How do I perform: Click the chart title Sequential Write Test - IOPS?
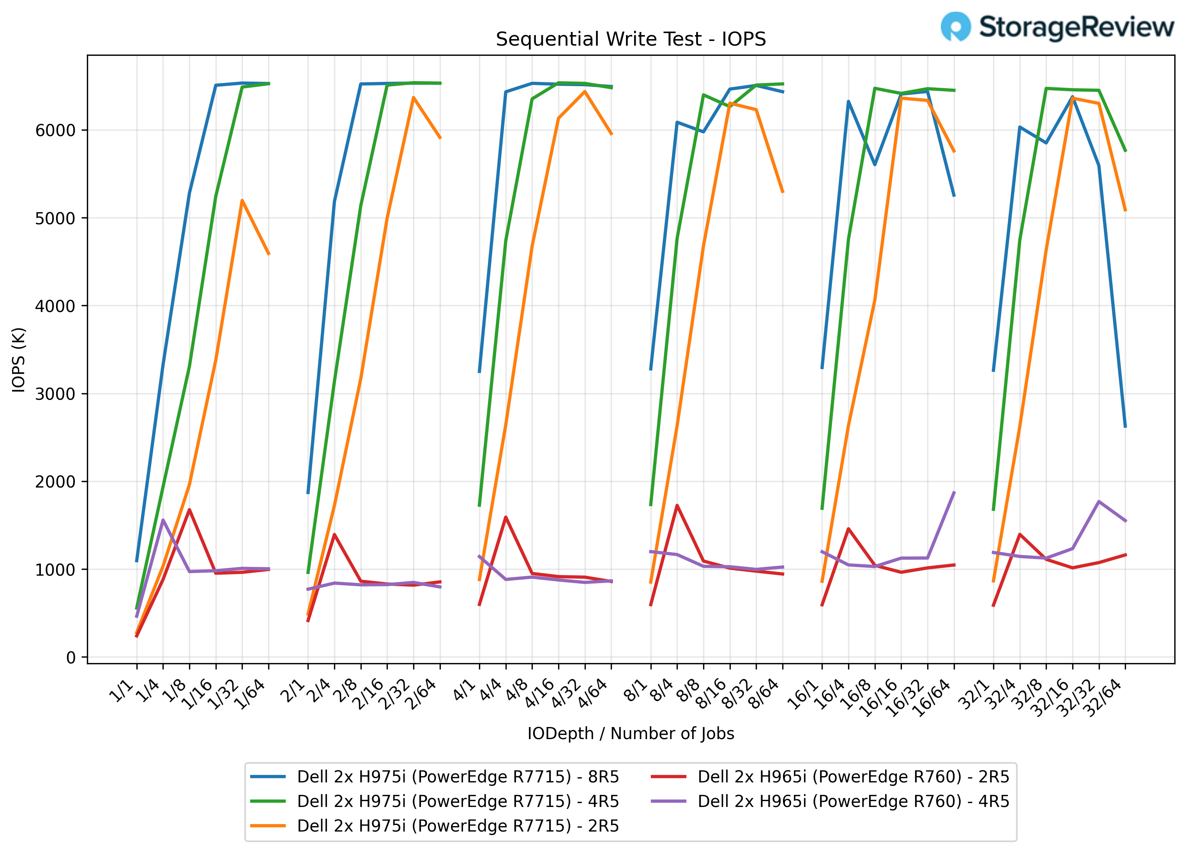(x=631, y=39)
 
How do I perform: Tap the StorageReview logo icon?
(x=955, y=26)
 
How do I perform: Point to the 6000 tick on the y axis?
(x=55, y=130)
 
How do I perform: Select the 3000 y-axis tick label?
(x=55, y=394)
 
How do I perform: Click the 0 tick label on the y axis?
(x=71, y=658)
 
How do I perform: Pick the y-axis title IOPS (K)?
(x=19, y=360)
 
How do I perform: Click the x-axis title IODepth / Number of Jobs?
(x=631, y=734)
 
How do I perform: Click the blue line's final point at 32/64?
(x=1125, y=427)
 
